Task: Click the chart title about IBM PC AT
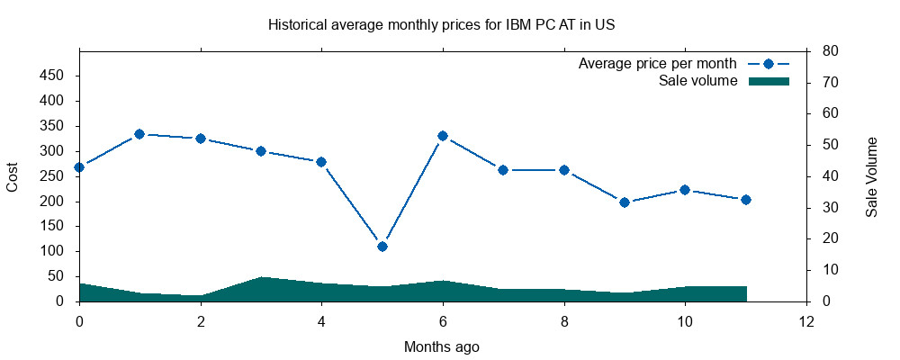tap(441, 25)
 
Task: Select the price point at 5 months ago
tap(382, 246)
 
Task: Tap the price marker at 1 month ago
tap(139, 134)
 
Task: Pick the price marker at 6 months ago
tap(443, 136)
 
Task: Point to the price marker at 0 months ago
tap(79, 167)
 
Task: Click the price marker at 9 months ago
tap(625, 202)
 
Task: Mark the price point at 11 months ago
tap(746, 200)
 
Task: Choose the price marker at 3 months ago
tap(261, 151)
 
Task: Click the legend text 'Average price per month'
tap(658, 64)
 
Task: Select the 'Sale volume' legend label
tap(698, 81)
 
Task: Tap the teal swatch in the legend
tap(769, 81)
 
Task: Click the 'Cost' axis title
tap(13, 176)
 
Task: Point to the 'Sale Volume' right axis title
tap(871, 176)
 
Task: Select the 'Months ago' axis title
tap(442, 346)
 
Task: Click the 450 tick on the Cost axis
tap(52, 76)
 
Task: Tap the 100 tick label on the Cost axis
tap(52, 251)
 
